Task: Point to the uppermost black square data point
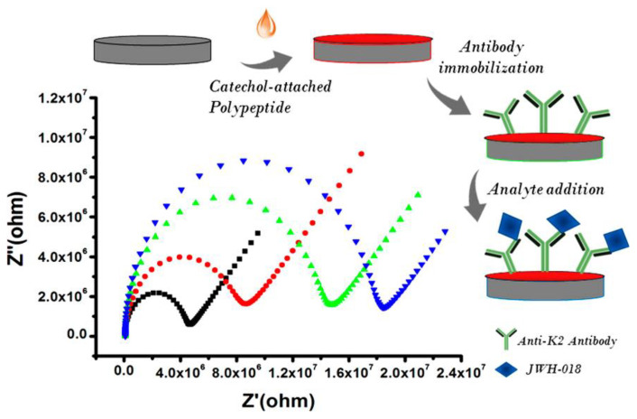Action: pyautogui.click(x=259, y=233)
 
